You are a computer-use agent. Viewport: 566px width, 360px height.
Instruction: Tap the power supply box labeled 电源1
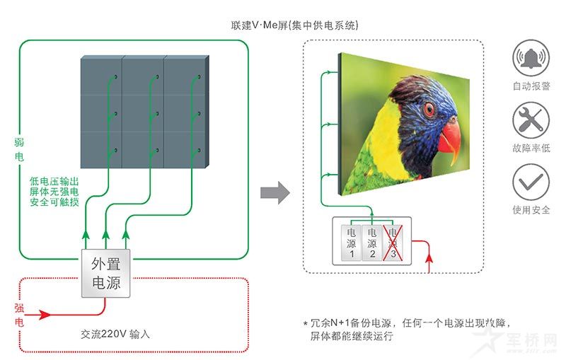point(351,242)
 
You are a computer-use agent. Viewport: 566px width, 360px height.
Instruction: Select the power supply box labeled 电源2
point(371,242)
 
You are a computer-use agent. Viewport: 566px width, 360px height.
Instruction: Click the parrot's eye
point(429,109)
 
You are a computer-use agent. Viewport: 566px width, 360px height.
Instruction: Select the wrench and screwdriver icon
point(531,120)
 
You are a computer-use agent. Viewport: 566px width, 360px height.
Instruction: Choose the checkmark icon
point(531,181)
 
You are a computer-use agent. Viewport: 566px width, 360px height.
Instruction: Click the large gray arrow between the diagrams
point(275,192)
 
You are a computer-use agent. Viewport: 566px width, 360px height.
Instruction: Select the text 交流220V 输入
point(115,333)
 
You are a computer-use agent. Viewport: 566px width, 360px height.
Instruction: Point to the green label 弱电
point(19,149)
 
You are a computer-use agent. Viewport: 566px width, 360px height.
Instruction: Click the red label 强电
point(19,315)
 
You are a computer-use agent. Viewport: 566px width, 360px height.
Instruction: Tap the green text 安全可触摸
point(54,202)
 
